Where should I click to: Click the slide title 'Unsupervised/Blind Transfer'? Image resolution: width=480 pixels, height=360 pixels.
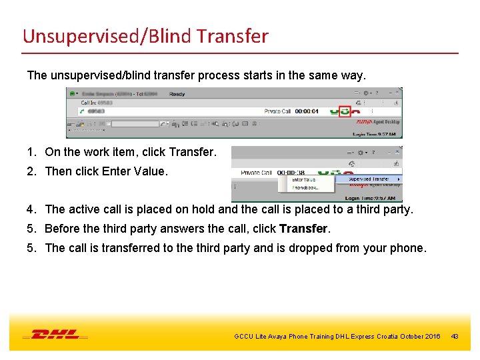click(x=145, y=35)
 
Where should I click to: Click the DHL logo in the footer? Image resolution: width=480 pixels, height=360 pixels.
click(x=55, y=335)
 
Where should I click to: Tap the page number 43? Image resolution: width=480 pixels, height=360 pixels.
click(x=455, y=336)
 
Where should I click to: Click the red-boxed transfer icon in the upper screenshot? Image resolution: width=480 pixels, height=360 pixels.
click(x=344, y=111)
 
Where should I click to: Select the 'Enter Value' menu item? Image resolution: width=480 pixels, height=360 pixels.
click(x=304, y=179)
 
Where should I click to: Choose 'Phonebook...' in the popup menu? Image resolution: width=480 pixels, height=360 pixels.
click(x=305, y=187)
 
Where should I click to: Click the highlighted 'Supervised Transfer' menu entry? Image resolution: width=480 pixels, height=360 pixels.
click(x=369, y=179)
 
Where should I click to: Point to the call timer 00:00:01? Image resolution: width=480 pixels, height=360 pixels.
click(x=307, y=111)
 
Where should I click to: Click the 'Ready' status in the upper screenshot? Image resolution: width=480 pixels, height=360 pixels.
click(x=177, y=94)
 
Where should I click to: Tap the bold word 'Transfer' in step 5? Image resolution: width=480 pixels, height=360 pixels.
click(x=304, y=229)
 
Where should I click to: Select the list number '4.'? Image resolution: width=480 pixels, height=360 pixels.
click(x=32, y=209)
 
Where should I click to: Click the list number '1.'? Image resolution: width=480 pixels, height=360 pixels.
click(x=32, y=152)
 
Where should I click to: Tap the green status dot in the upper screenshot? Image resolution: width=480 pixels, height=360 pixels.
click(x=72, y=94)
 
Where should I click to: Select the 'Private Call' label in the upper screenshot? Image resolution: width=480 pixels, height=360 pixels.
click(x=277, y=111)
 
